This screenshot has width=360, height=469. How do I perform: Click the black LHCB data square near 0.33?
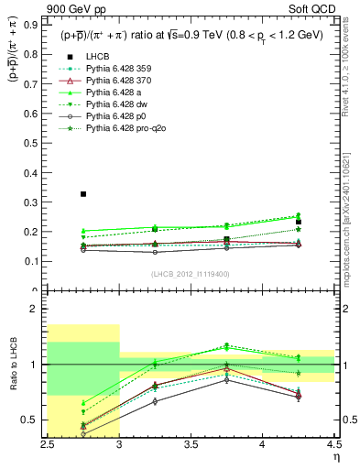(83, 194)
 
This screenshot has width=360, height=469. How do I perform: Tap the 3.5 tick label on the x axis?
(191, 444)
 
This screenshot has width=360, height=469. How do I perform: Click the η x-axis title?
(336, 455)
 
